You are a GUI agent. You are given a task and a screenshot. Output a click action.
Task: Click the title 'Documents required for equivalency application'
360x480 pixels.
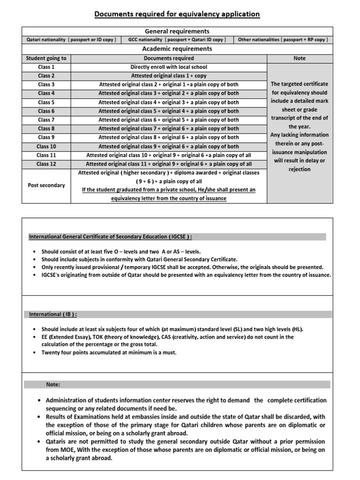177,14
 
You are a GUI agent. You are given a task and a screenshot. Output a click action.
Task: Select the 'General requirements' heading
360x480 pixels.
177,31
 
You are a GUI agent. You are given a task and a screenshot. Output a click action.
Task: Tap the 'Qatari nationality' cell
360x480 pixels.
72,40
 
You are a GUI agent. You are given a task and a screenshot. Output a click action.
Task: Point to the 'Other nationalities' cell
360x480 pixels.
283,40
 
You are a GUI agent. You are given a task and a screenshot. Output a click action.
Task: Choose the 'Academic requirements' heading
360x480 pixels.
177,49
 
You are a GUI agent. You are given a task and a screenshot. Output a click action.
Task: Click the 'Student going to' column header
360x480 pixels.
46,58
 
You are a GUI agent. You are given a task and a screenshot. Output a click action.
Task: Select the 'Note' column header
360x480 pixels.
299,58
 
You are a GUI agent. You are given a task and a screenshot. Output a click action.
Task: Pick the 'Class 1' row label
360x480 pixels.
46,67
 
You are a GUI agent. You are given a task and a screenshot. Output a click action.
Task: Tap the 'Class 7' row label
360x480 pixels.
46,120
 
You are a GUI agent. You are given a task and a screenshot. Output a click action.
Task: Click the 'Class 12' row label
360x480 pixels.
46,164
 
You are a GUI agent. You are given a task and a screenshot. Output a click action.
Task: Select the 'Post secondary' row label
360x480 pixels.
46,186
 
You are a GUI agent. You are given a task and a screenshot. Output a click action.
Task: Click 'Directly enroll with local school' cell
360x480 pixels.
169,67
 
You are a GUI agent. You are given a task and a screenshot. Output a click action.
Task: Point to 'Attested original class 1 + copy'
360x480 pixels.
169,76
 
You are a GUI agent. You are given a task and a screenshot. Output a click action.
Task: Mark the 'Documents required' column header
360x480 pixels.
169,58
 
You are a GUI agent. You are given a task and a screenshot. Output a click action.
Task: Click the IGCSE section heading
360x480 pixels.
111,237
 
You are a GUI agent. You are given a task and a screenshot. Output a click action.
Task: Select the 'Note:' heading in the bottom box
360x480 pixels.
53,384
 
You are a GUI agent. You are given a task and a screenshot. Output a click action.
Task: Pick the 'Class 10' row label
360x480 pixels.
46,146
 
